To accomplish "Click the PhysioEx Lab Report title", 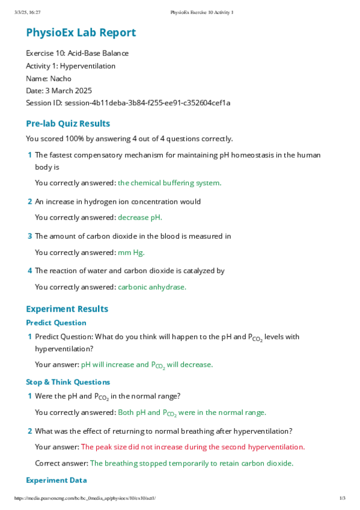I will click(81, 33).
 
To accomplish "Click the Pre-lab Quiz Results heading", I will click(68, 123).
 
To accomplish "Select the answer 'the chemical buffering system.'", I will click(169, 183).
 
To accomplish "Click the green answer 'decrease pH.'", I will click(140, 218).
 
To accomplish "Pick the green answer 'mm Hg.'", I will click(131, 253).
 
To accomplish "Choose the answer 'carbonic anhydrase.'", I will click(152, 287).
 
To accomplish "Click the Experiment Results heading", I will click(67, 309).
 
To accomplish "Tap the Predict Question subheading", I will click(56, 323).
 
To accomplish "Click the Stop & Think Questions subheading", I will click(68, 382).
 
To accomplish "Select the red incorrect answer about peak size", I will click(193, 447).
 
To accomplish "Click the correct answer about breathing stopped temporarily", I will click(191, 463).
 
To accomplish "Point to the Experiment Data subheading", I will click(56, 480).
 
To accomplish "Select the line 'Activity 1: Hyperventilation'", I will click(70, 66).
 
